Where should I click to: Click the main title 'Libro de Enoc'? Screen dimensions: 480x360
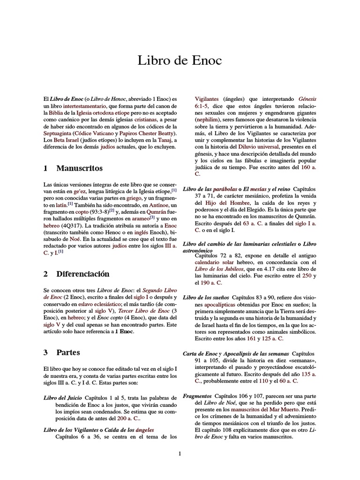180,60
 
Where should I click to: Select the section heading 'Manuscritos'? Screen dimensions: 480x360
79,168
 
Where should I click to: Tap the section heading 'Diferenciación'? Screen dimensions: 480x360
82,274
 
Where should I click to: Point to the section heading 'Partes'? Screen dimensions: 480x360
68,352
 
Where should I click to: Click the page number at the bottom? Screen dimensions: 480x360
180,453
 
